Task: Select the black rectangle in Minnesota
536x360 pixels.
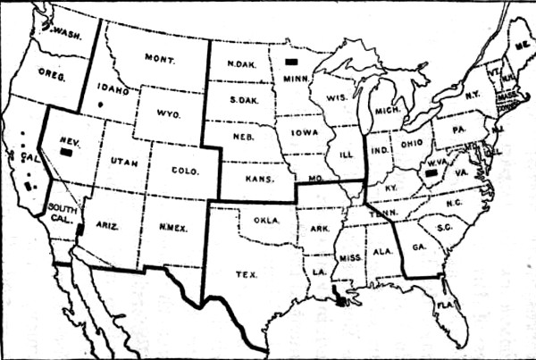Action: coord(290,61)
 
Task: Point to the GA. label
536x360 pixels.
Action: coord(415,241)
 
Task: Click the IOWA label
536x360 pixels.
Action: coord(299,133)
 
